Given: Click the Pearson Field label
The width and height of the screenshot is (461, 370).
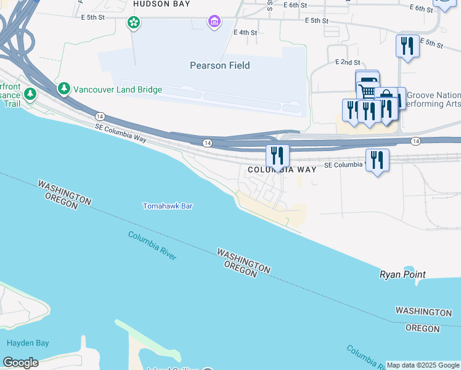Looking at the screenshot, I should pos(220,65).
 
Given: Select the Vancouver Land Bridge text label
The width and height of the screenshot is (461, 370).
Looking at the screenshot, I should pos(118,89).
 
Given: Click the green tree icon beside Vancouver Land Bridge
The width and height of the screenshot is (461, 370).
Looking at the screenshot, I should pos(64,89).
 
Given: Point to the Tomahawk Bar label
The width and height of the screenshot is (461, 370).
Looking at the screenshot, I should pos(168,206).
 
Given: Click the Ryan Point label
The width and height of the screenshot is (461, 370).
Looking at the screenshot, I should pos(402,274).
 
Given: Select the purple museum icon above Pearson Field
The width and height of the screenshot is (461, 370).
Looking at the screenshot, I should pos(214,23).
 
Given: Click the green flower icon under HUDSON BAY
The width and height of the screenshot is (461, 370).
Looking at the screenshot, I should pos(133,23).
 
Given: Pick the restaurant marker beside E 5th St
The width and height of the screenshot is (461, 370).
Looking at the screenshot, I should pos(407,46).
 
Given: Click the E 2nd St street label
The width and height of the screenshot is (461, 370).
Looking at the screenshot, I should pos(348,62).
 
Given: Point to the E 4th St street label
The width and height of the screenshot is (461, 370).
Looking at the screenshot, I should pos(245,32).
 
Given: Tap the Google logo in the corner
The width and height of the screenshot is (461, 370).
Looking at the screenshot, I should pos(20,363).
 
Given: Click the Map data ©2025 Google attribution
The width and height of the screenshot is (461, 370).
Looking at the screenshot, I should pos(423,365).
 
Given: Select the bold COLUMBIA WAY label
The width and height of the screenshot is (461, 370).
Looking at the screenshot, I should pos(282,170).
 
